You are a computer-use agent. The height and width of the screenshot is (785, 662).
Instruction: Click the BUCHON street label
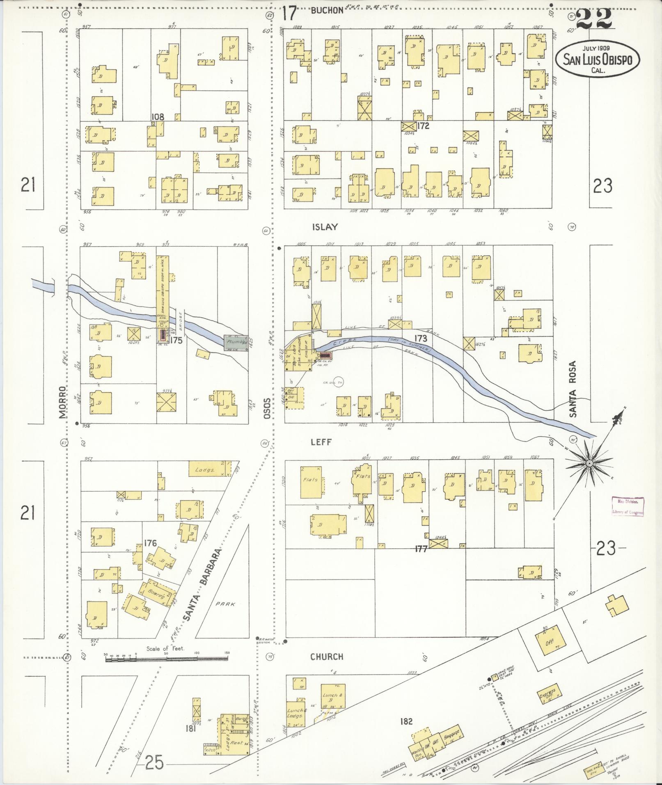327,11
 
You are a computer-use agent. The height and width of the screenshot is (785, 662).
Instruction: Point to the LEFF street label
321,442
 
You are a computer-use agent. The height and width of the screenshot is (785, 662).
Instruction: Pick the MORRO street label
62,402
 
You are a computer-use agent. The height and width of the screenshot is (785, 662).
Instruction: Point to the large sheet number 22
593,19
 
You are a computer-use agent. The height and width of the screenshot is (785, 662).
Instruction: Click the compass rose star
589,463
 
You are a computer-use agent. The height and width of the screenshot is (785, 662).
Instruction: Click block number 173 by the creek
421,339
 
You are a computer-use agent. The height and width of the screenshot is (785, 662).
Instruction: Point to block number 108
158,117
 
